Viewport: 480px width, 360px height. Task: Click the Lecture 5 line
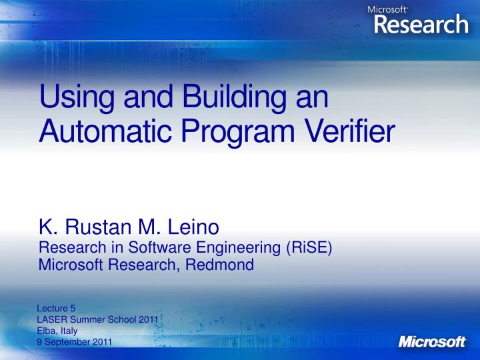[57, 308]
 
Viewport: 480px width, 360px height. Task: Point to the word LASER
[51, 319]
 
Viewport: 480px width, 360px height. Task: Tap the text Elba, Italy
[57, 331]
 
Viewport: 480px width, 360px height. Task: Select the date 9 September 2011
[74, 342]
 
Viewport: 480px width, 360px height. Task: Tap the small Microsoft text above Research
[387, 9]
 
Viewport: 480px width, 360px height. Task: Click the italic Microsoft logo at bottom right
[432, 341]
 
